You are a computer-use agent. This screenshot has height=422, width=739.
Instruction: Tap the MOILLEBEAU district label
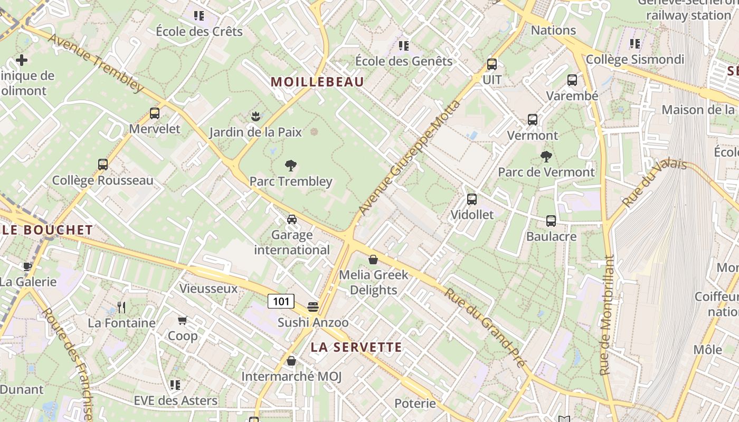[x=317, y=82]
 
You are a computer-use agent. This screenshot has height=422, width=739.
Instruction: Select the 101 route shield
[x=281, y=301]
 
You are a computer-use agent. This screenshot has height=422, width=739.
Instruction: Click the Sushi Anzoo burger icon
[x=313, y=307]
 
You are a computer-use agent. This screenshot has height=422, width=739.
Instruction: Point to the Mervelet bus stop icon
[x=155, y=113]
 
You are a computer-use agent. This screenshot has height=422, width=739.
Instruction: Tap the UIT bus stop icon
[x=492, y=64]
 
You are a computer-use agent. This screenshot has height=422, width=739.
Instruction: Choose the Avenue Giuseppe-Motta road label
[x=410, y=158]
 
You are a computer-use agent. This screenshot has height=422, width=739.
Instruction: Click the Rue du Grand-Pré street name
[x=485, y=327]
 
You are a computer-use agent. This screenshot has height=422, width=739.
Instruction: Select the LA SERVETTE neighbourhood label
[x=356, y=347]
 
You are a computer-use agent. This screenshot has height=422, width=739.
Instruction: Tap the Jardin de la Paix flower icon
[x=256, y=116]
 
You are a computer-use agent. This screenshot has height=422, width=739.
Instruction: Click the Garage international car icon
[x=292, y=219]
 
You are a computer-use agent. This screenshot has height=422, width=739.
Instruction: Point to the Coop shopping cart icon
[x=183, y=320]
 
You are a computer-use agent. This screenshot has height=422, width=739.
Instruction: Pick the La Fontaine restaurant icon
[x=121, y=307]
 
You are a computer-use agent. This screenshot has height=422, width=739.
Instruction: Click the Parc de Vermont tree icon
[x=546, y=157]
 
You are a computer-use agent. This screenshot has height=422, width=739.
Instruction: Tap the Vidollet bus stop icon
[x=472, y=199]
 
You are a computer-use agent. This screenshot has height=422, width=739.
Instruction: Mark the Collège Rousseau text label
[x=103, y=180]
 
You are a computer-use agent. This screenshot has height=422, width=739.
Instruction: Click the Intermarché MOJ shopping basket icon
[x=291, y=361]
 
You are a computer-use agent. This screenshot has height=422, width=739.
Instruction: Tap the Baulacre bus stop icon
[x=551, y=221]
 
